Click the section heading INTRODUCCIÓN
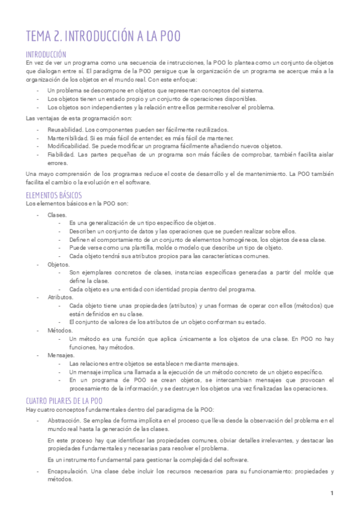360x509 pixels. click(x=46, y=53)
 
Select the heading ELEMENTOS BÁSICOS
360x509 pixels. click(x=54, y=195)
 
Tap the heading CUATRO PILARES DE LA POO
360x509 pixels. click(x=64, y=400)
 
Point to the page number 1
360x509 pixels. click(x=331, y=493)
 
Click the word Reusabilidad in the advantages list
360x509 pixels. click(x=65, y=130)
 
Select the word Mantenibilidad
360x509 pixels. click(x=67, y=138)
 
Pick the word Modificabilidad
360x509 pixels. click(x=68, y=146)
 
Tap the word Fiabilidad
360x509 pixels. click(x=61, y=154)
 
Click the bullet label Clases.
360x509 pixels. click(x=57, y=214)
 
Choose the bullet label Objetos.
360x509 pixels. click(x=58, y=264)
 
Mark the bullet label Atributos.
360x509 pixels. click(x=60, y=297)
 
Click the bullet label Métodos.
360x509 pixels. click(x=59, y=330)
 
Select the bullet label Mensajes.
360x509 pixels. click(x=60, y=355)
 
